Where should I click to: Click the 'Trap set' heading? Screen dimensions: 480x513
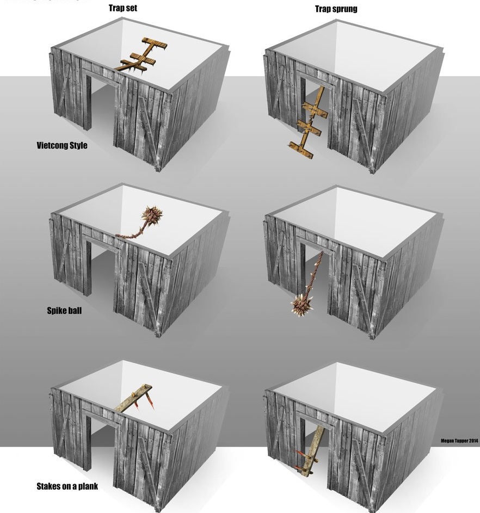pyautogui.click(x=122, y=8)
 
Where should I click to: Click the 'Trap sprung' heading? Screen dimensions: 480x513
pyautogui.click(x=336, y=9)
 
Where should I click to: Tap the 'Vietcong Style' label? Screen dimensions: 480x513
pyautogui.click(x=62, y=145)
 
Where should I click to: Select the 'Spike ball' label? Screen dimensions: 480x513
pyautogui.click(x=64, y=311)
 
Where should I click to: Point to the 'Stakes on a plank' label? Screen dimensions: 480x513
pyautogui.click(x=67, y=486)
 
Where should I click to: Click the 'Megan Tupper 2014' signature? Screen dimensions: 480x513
pyautogui.click(x=459, y=441)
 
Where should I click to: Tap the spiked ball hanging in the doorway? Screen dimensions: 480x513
pyautogui.click(x=301, y=305)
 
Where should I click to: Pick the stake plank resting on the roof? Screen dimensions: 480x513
pyautogui.click(x=133, y=398)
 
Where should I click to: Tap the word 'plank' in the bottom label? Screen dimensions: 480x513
pyautogui.click(x=88, y=486)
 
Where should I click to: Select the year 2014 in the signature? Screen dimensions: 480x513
pyautogui.click(x=473, y=441)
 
